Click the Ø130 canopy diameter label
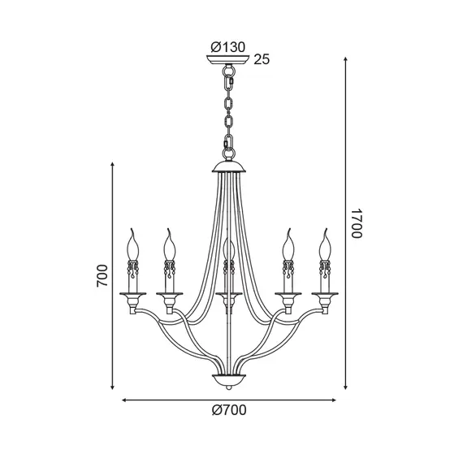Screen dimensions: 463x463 click(228, 47)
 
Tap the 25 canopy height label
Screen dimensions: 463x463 click(262, 59)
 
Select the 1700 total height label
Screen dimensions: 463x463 click(357, 223)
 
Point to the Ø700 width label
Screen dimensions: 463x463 click(229, 410)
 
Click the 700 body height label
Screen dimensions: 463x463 click(102, 276)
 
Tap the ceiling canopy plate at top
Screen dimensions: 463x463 click(228, 59)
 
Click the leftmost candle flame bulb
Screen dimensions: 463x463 click(132, 245)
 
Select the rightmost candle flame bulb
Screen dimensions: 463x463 click(325, 245)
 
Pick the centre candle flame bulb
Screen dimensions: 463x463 click(229, 250)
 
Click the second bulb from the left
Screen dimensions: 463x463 click(169, 245)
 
